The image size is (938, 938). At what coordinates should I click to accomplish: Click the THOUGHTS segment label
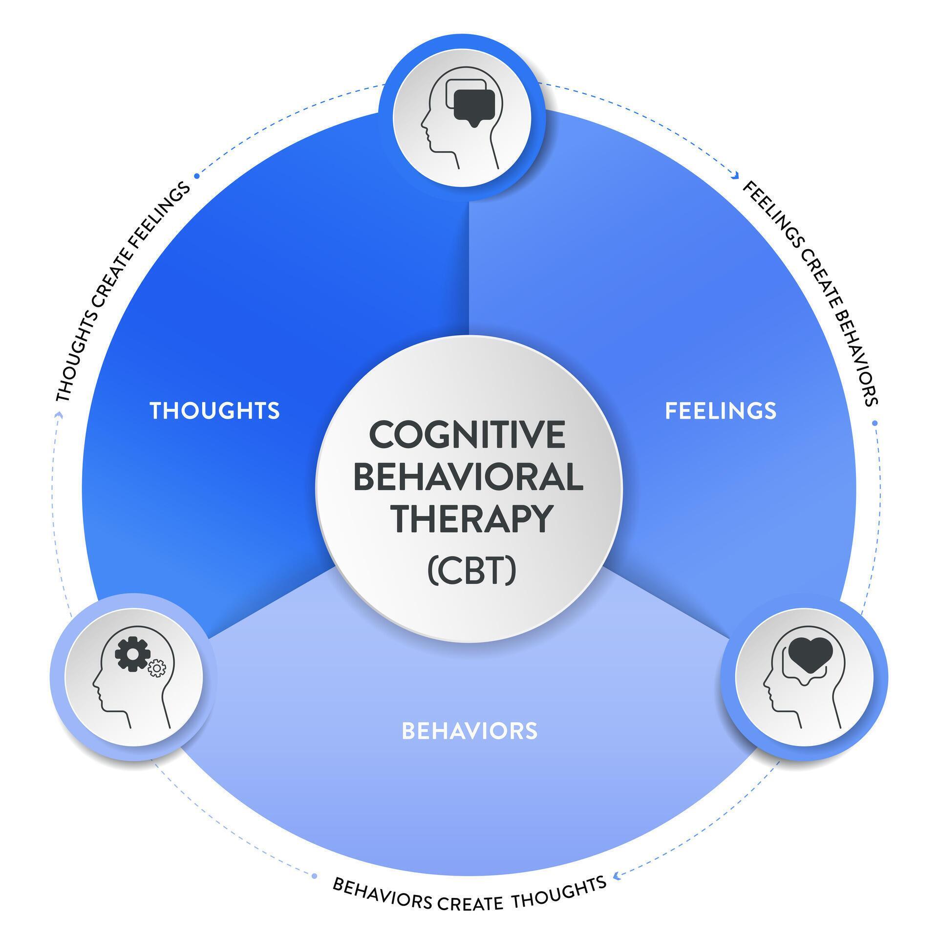214,410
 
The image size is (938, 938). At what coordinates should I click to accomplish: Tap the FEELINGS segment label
721,410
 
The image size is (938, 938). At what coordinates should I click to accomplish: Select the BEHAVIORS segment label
469,731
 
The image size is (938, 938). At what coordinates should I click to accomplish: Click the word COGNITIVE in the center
468,435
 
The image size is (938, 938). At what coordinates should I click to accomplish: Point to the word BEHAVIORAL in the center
468,477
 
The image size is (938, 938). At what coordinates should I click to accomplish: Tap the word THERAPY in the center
473,519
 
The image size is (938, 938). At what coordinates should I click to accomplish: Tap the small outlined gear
157,668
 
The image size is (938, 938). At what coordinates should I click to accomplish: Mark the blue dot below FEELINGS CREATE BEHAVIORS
874,423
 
